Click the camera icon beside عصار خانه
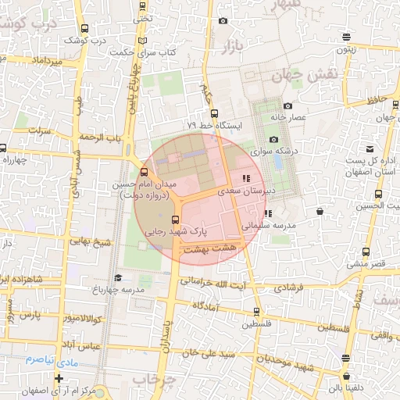click(x=287, y=106)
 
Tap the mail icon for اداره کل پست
click(x=370, y=148)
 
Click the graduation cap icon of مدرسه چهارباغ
click(x=118, y=277)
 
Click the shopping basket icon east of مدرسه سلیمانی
click(x=320, y=211)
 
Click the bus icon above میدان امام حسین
click(x=143, y=173)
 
